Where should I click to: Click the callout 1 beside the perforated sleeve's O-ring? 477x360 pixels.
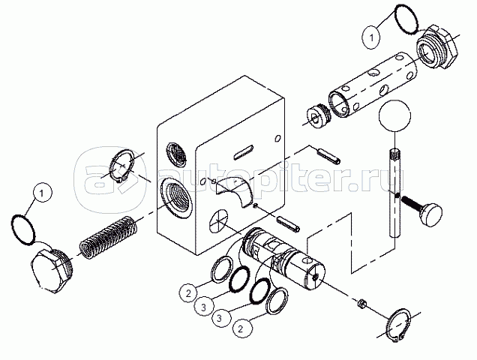pyautogui.click(x=371, y=37)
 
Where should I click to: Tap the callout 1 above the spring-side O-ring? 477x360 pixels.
pyautogui.click(x=42, y=192)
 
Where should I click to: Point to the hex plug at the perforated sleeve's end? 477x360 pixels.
pyautogui.click(x=436, y=47)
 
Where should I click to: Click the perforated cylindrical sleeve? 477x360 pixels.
pyautogui.click(x=373, y=85)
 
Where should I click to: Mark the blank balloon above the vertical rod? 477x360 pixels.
pyautogui.click(x=394, y=116)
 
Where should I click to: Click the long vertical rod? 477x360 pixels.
pyautogui.click(x=394, y=193)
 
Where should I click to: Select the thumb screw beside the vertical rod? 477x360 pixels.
pyautogui.click(x=423, y=210)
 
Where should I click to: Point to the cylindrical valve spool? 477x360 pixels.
pyautogui.click(x=283, y=258)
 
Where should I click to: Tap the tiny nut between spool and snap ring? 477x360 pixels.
pyautogui.click(x=361, y=303)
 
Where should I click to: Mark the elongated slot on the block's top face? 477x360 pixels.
pyautogui.click(x=243, y=152)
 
